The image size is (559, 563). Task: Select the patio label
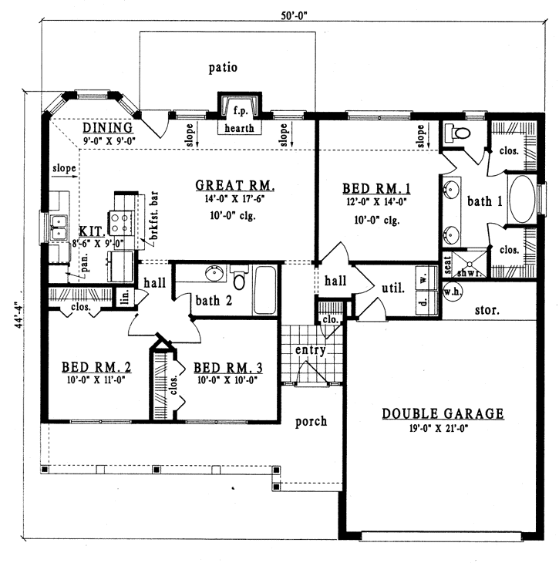coord(223,67)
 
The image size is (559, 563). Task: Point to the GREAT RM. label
coord(235,185)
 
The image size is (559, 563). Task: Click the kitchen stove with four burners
coord(122,223)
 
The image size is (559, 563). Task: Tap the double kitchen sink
coord(59,224)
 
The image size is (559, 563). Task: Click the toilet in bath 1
coord(460,134)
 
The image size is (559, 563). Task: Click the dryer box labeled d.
coord(423,302)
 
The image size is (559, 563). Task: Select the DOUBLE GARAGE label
coord(443,414)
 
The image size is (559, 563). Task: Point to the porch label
coord(311,421)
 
